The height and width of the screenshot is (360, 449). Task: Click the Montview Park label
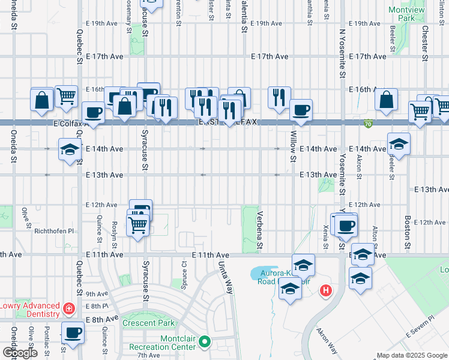pyautogui.click(x=402, y=14)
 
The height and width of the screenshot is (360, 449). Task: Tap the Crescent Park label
pyautogui.click(x=148, y=323)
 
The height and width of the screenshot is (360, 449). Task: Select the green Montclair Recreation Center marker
pyautogui.click(x=205, y=342)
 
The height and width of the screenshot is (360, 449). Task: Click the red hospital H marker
pyautogui.click(x=326, y=291)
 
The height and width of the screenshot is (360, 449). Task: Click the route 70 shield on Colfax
pyautogui.click(x=367, y=124)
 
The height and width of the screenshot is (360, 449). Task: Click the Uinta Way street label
pyautogui.click(x=225, y=277)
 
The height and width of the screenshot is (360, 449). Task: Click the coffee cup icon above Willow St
pyautogui.click(x=301, y=110)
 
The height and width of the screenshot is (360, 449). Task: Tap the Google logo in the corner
pyautogui.click(x=20, y=353)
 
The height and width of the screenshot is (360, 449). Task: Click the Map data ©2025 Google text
pyautogui.click(x=412, y=355)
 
